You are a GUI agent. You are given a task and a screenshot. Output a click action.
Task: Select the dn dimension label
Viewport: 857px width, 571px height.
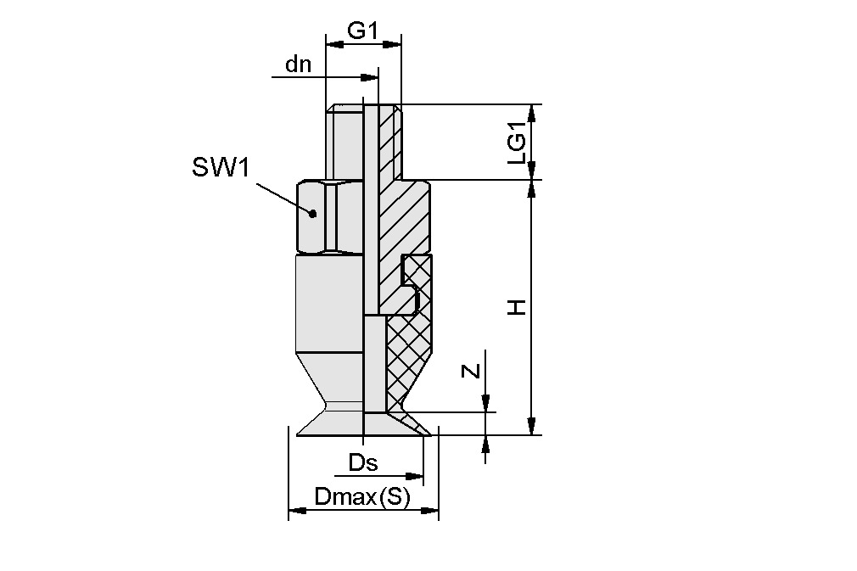point(298,64)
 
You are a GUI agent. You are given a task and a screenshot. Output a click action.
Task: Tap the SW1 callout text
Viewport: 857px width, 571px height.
point(221,168)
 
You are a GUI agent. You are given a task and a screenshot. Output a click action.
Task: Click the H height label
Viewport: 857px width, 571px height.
point(517,307)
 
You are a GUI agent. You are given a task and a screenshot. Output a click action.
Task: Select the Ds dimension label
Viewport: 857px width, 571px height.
point(362,463)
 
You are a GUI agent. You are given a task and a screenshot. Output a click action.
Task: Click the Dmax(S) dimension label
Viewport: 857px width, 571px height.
point(362,497)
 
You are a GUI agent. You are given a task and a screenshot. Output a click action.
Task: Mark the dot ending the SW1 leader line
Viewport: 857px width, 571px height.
point(313,214)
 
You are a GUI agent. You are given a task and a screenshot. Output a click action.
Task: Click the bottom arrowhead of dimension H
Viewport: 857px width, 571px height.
point(532,427)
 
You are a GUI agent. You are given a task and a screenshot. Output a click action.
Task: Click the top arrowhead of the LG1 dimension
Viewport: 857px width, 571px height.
point(532,112)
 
